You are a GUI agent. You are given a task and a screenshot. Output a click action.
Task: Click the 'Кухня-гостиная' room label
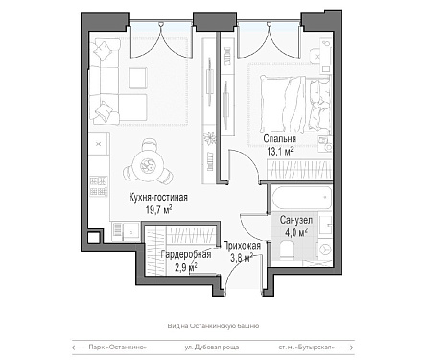click(158, 197)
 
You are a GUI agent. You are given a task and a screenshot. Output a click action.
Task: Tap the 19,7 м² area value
click(159, 210)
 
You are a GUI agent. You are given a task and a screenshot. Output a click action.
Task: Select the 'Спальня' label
click(280, 139)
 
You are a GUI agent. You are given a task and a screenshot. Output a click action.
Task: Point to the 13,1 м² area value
click(280, 151)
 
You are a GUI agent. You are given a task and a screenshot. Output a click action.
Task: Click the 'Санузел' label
click(296, 220)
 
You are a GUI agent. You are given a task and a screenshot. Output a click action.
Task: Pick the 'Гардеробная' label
click(186, 254)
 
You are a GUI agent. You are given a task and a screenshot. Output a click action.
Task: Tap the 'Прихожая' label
click(242, 246)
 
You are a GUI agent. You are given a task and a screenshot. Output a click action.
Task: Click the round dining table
click(148, 165)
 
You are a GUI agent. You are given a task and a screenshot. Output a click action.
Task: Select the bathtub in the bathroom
click(301, 198)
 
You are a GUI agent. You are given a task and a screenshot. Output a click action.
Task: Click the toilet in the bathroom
click(287, 250)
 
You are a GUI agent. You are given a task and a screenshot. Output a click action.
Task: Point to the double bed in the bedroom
click(294, 104)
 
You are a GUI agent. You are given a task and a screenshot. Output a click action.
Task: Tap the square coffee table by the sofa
click(138, 78)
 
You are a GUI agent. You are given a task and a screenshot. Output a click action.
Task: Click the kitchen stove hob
click(98, 186)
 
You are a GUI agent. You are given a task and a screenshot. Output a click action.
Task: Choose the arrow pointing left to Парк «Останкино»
click(78, 348)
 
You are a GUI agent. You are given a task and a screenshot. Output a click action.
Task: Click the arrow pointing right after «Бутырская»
click(347, 348)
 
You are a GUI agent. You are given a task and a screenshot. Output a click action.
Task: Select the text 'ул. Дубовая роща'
click(212, 348)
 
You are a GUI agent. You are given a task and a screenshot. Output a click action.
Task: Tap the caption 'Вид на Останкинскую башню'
click(213, 326)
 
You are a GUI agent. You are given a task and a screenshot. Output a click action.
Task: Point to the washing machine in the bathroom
click(324, 251)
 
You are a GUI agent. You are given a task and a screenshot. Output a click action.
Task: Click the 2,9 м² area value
click(185, 266)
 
